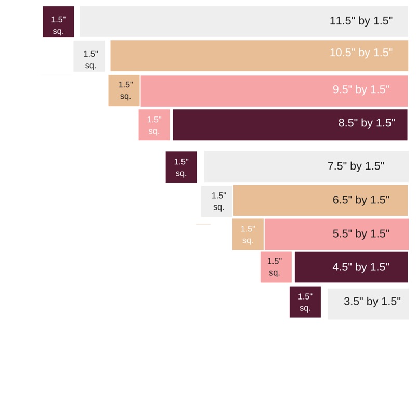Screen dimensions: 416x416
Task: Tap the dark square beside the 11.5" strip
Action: (58, 22)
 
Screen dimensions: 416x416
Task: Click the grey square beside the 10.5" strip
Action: (89, 56)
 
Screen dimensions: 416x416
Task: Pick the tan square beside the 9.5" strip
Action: (124, 90)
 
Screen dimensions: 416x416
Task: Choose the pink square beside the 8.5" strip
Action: (154, 125)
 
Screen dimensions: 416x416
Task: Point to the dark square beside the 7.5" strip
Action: (181, 167)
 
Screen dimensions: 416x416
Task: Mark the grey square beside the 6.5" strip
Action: (216, 201)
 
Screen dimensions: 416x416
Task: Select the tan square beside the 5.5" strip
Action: (248, 234)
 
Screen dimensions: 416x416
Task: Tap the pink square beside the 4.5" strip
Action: (276, 267)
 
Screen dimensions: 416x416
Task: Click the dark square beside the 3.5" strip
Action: (305, 302)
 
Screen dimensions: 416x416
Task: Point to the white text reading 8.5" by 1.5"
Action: (367, 123)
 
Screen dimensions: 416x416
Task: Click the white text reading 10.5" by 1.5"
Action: (361, 53)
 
